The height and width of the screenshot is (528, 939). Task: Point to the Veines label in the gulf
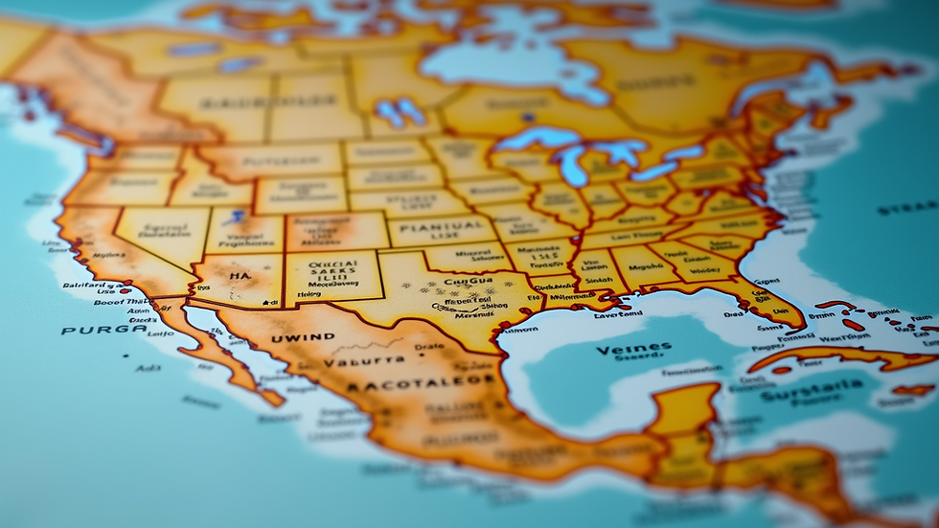click(x=628, y=350)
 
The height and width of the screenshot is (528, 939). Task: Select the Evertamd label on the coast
click(x=618, y=313)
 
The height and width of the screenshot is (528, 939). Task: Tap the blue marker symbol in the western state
click(x=236, y=218)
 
